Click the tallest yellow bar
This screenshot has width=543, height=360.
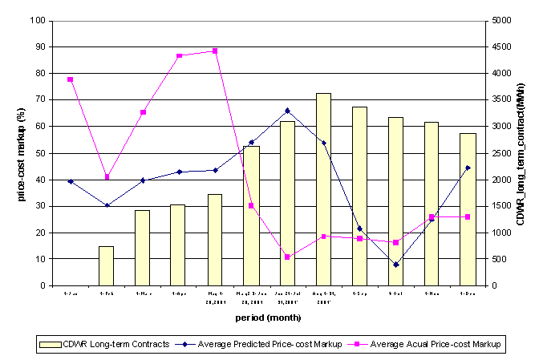pyautogui.click(x=323, y=189)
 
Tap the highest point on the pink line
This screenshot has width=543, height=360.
pyautogui.click(x=215, y=51)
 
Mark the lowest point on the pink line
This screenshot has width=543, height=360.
pyautogui.click(x=287, y=257)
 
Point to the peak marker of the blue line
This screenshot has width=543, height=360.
pyautogui.click(x=287, y=111)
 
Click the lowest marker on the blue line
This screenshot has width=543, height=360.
pyautogui.click(x=395, y=265)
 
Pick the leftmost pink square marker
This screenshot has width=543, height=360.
pyautogui.click(x=70, y=79)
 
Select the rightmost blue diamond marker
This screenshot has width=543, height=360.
pyautogui.click(x=468, y=168)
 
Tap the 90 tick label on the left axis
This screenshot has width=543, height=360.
pyautogui.click(x=40, y=47)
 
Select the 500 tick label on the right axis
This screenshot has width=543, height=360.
pyautogui.click(x=498, y=259)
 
